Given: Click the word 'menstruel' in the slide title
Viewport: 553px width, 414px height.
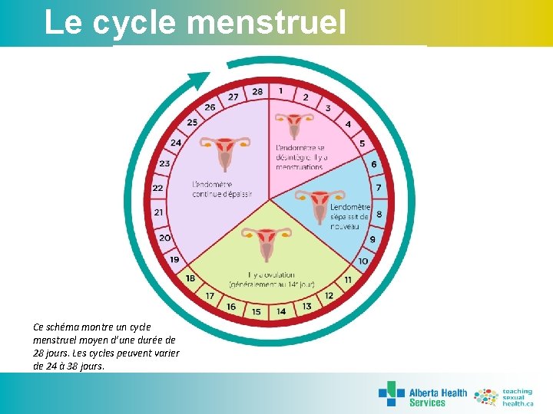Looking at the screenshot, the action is [266, 22].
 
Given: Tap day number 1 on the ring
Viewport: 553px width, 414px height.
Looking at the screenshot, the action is [280, 90].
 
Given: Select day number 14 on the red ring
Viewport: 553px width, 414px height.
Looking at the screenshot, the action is [281, 311].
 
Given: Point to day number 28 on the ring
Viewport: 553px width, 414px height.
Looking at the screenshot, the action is [257, 91].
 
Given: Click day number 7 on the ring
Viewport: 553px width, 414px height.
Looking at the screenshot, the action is [378, 188].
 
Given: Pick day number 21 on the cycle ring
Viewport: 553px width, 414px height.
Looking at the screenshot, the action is [159, 212].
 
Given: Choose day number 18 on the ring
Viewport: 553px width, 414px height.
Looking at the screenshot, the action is [190, 278].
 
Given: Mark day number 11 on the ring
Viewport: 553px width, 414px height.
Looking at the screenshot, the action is [348, 280].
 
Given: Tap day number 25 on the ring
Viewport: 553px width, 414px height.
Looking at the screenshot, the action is [192, 122].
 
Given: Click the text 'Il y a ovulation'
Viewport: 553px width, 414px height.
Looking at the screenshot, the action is [266, 274].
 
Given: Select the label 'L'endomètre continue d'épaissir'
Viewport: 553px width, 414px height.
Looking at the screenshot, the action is [222, 189].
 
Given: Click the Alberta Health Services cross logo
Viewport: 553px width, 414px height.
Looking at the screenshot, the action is [391, 393].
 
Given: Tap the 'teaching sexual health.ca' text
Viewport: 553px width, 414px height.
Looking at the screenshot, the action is [517, 396].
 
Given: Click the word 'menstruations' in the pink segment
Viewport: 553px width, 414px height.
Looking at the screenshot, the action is [300, 166].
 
